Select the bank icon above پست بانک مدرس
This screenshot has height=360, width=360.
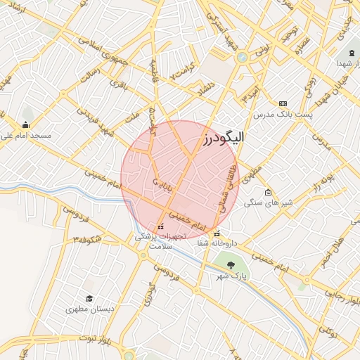point(283,103)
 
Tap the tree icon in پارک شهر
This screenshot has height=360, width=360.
point(231,264)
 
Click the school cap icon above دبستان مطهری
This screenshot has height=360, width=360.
point(89,298)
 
